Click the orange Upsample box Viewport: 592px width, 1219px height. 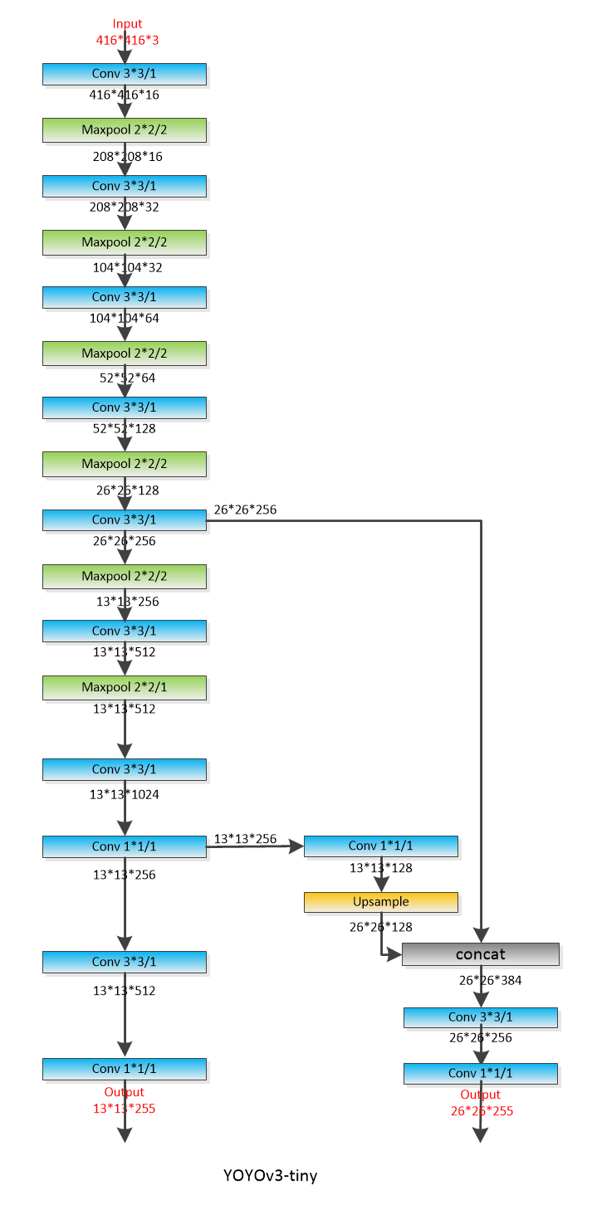point(381,901)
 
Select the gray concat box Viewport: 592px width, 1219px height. point(481,954)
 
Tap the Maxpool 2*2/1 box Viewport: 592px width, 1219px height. point(125,687)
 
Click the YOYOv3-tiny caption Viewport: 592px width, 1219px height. point(270,1175)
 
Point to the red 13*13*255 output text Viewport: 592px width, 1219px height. point(125,1108)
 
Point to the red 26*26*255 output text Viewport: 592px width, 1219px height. point(482,1110)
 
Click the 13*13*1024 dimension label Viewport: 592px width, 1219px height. point(125,794)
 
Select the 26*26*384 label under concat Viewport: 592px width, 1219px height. point(491,980)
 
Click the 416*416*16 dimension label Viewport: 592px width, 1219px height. point(125,95)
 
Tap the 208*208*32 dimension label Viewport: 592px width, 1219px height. point(125,207)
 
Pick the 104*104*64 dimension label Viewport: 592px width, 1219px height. point(125,318)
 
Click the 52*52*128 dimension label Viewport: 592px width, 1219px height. point(125,429)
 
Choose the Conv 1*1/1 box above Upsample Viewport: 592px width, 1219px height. point(381,846)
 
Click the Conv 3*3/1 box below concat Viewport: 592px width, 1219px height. point(481,1017)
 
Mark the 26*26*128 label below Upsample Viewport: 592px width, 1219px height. point(381,927)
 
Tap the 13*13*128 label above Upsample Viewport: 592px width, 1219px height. point(381,868)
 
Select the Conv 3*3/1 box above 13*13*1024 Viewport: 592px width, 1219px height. point(125,769)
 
